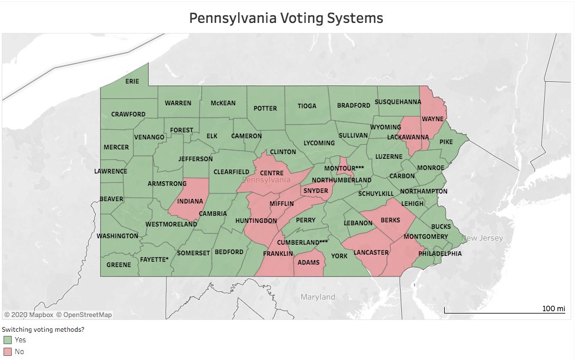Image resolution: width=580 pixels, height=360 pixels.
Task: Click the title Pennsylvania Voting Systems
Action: pos(286,18)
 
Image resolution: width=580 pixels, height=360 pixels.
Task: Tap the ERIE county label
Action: pos(132,81)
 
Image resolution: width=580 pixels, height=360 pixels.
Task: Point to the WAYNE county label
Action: pos(432,119)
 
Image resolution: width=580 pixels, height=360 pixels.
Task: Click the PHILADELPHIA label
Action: pos(440,254)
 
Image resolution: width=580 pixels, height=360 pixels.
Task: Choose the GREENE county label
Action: pos(119,265)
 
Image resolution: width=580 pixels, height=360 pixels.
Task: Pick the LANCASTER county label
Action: pos(371,252)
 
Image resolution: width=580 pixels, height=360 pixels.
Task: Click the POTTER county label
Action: pos(265,108)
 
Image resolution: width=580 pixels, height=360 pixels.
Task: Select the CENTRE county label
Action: pos(272,172)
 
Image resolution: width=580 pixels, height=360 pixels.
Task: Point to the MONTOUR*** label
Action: pos(344,168)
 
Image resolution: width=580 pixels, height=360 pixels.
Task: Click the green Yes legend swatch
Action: pos(7,340)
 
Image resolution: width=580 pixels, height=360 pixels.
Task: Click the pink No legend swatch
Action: pos(7,352)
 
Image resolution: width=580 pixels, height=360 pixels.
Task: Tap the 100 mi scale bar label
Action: pos(553,308)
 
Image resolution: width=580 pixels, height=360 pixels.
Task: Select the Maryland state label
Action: pos(318,297)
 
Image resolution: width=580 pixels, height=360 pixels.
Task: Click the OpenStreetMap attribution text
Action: pos(84,315)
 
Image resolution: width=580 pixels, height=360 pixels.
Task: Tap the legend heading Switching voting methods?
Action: pos(43,329)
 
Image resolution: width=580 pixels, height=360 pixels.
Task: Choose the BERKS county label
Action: pos(390,220)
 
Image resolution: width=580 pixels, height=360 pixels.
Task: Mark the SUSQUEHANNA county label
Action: pos(398,101)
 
